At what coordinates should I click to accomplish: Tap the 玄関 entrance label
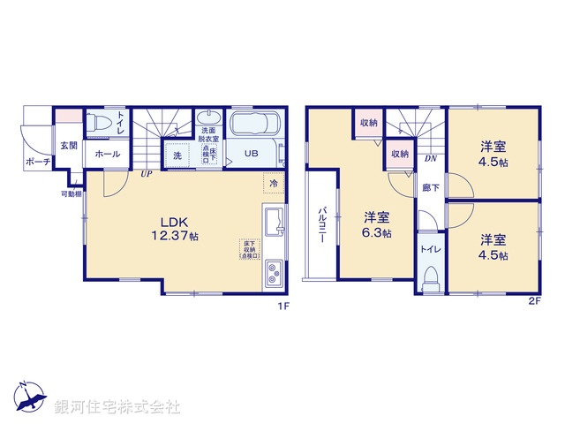pos(68,146)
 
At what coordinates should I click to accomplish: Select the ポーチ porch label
pos(37,163)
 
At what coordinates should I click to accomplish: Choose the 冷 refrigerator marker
pos(274,184)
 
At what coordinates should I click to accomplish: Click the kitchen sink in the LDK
pos(274,220)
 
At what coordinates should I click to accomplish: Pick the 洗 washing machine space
pos(177,155)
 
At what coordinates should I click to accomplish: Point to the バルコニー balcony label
pos(323,226)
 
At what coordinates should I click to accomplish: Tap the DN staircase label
pos(431,159)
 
